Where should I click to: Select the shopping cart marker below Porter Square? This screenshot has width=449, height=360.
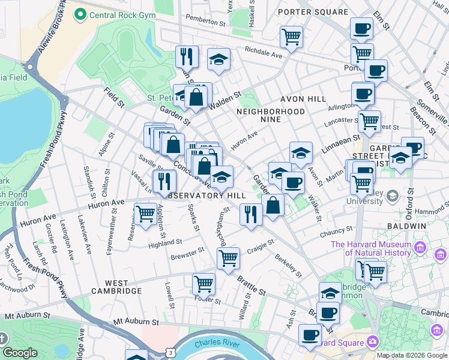tap(291, 37)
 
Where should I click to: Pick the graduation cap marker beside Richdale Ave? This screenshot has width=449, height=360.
tap(219, 59)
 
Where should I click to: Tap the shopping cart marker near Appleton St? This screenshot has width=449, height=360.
tap(145, 213)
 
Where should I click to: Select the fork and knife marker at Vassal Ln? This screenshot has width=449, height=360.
tap(164, 181)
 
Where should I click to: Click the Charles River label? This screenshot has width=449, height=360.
tap(216, 344)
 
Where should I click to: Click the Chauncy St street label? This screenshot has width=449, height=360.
tap(337, 230)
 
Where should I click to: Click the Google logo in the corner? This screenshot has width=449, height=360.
tap(20, 353)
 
